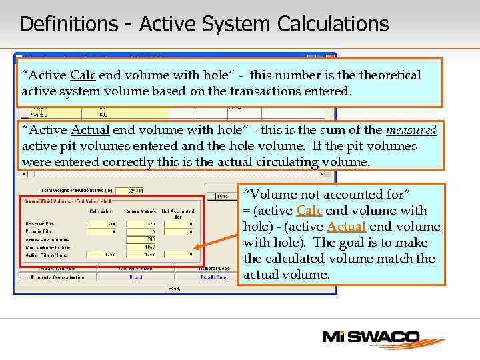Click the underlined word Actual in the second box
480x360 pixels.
tap(89, 129)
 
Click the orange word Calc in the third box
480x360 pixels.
tap(309, 211)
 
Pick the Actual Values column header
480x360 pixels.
tap(141, 211)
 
